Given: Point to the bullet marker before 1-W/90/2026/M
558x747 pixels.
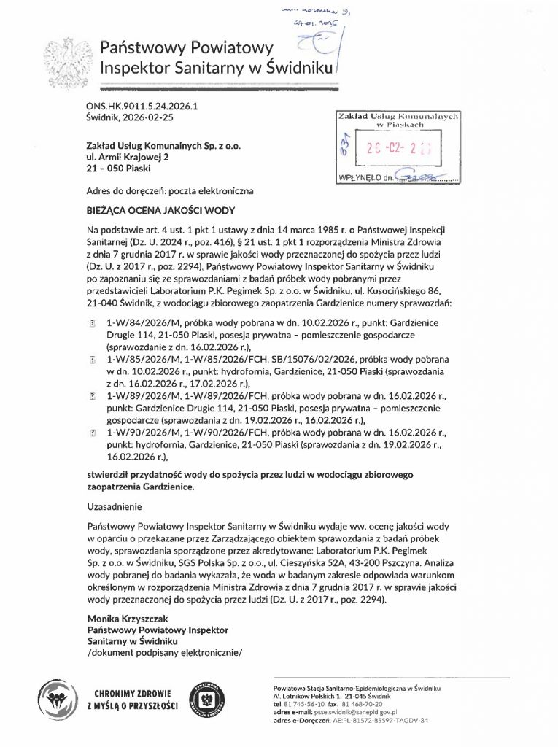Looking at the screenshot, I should pos(91,432).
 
